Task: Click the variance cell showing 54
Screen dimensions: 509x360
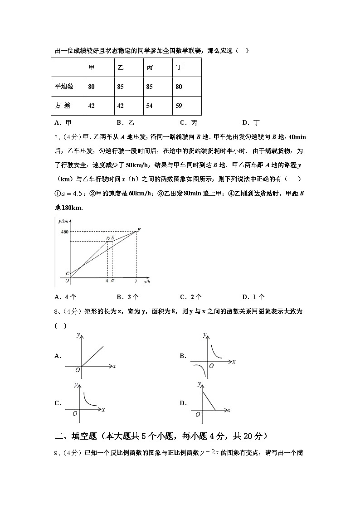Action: tap(150, 106)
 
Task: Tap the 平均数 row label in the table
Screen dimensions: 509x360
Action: tap(64, 86)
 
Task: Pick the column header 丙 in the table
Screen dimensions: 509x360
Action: tap(150, 67)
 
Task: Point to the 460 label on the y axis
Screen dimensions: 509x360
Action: tap(64, 232)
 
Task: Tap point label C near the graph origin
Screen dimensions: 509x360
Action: tap(67, 274)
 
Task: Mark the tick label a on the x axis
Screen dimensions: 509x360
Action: tap(112, 281)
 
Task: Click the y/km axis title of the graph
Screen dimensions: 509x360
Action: tap(63, 221)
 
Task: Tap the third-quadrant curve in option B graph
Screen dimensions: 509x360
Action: tap(198, 369)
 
